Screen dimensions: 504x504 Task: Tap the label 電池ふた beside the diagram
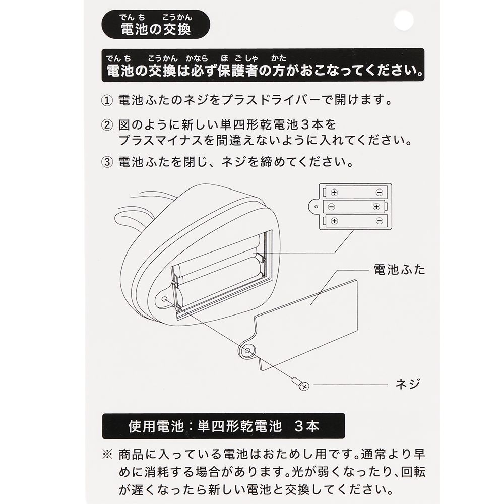[399, 269]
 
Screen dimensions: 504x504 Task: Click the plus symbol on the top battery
[334, 192]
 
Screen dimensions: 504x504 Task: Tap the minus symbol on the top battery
[379, 192]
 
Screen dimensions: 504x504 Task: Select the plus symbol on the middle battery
[376, 207]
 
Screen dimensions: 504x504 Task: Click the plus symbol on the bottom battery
[334, 221]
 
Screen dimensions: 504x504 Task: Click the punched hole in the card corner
[403, 21]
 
